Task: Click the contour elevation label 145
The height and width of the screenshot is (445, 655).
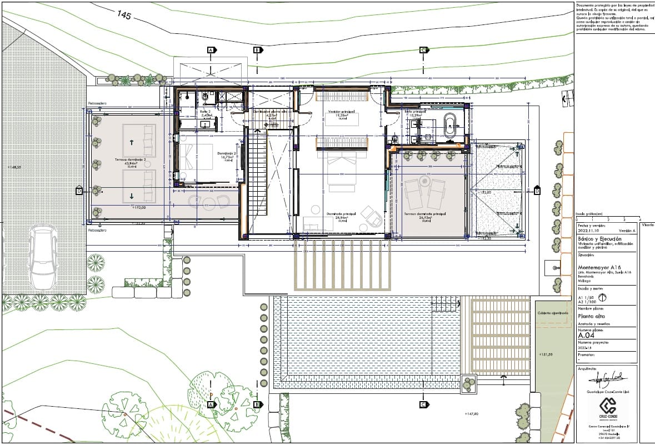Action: click(x=123, y=15)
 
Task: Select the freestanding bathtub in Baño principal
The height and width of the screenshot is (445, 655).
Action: click(x=450, y=126)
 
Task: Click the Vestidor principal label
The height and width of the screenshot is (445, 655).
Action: click(x=341, y=112)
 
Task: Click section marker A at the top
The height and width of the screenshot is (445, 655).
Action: click(x=211, y=50)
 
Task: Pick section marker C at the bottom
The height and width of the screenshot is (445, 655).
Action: click(x=423, y=404)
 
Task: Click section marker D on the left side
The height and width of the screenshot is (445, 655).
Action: click(x=79, y=191)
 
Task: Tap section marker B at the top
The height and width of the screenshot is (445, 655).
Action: click(x=257, y=50)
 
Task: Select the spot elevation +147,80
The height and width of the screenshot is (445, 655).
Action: click(x=471, y=414)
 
